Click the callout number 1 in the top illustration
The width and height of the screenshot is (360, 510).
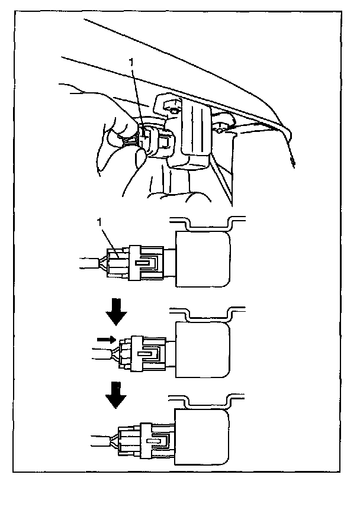point(131,62)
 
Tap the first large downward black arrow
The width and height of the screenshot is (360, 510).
point(116,312)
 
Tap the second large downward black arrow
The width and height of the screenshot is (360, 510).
point(116,395)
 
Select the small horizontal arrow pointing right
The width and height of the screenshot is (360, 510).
point(107,340)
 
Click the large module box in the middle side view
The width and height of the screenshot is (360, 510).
point(202,349)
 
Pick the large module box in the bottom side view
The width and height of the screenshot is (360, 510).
point(202,437)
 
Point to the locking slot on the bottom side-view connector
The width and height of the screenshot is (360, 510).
point(156,441)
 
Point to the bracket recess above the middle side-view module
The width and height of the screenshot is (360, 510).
point(208,314)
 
